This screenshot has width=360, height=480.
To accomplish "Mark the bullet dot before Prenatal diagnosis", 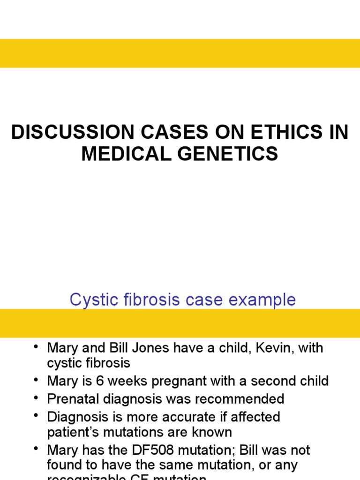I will (37, 399).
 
